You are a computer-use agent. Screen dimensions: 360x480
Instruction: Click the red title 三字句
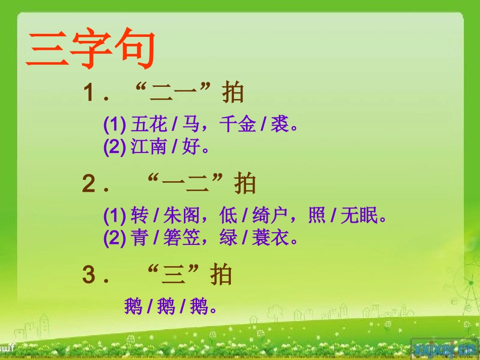coord(90,50)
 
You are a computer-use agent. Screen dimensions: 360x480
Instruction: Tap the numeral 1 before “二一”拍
coord(89,93)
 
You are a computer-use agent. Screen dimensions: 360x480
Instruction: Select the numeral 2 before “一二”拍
coord(89,185)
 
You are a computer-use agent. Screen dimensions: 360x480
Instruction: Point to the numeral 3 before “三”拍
coord(89,276)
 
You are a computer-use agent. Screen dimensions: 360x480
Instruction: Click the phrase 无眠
coord(359,216)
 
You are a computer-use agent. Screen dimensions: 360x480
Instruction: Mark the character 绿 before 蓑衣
coord(228,238)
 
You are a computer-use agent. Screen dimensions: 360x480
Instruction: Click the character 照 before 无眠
coord(317,216)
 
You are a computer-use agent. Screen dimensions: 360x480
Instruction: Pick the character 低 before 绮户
coord(228,216)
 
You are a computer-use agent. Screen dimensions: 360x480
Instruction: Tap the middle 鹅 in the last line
coord(166,306)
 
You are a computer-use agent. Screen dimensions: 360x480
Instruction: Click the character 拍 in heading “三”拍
coord(221,276)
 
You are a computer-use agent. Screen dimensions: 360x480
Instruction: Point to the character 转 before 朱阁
coord(139,216)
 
